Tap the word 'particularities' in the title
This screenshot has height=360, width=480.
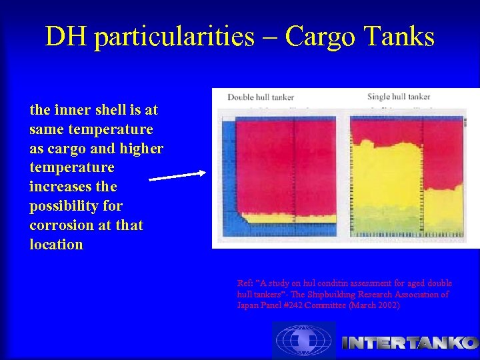click(174, 37)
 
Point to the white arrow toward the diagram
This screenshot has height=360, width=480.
click(177, 176)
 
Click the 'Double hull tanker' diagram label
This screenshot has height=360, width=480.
click(261, 97)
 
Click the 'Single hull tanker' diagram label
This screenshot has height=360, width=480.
click(399, 97)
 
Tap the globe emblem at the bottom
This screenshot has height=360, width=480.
click(303, 341)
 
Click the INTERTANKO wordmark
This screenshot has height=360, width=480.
click(409, 343)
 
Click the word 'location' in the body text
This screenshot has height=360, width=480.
click(57, 245)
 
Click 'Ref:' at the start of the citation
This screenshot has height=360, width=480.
click(245, 283)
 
